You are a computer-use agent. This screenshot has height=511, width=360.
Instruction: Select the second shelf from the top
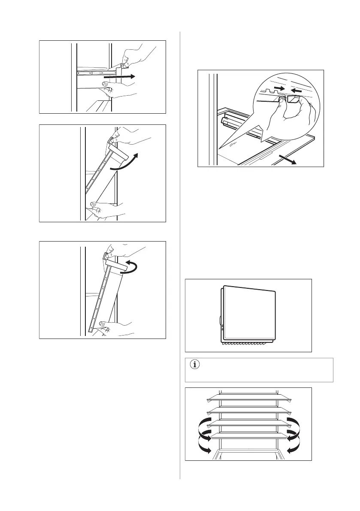click(x=248, y=411)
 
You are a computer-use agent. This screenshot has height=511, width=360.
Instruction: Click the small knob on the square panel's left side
click(x=220, y=320)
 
